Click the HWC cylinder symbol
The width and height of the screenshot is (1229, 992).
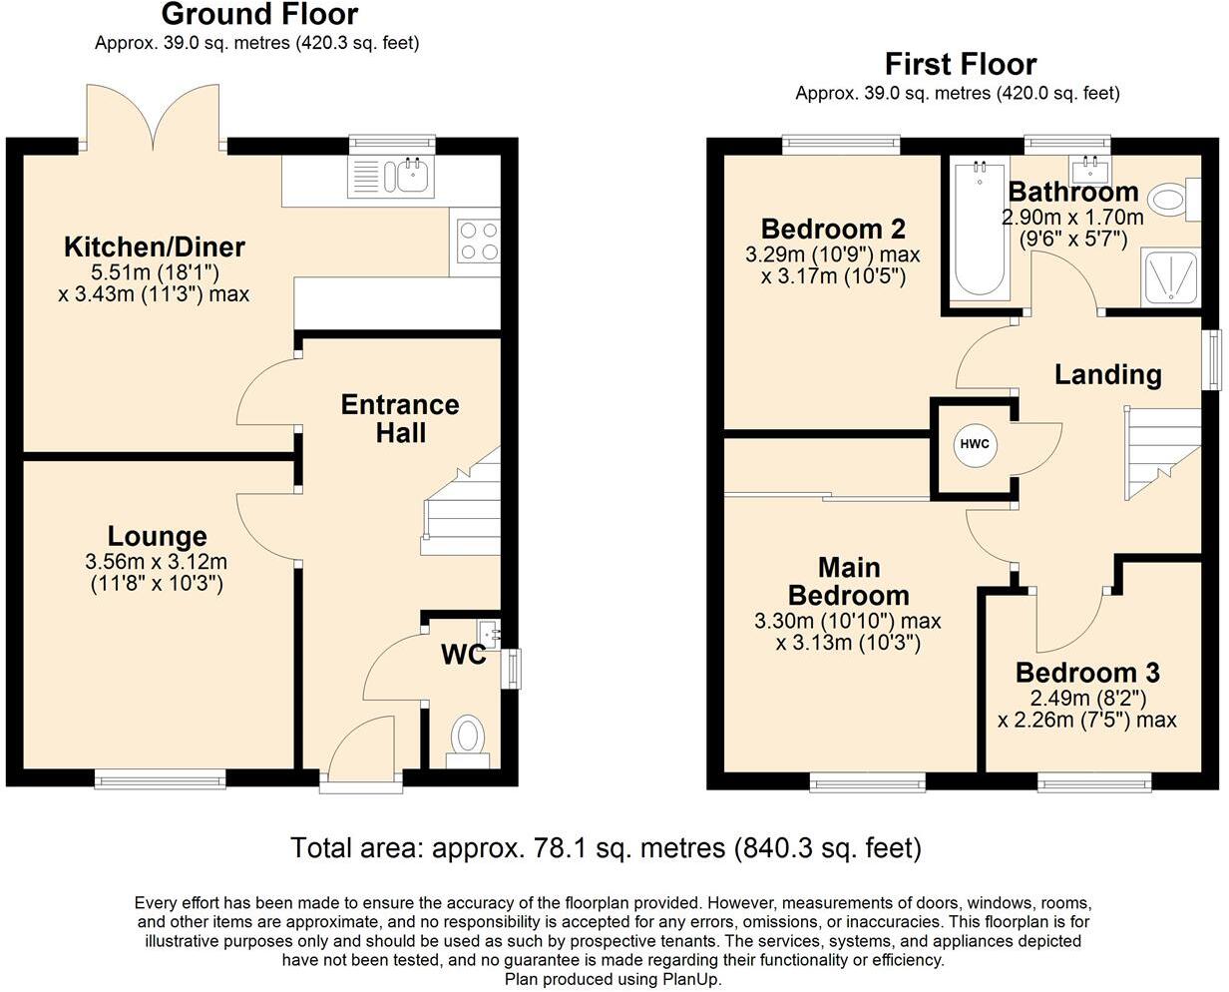[975, 445]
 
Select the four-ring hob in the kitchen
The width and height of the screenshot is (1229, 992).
[479, 242]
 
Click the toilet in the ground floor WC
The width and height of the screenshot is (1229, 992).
[468, 741]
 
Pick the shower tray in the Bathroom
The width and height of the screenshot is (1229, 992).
[1171, 277]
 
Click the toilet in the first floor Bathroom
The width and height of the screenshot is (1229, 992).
[1175, 200]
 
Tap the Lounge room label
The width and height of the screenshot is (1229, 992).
[157, 537]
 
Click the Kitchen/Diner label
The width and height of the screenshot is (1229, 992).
[155, 247]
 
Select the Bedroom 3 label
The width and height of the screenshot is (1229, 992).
[1087, 673]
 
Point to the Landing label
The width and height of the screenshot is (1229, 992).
[1108, 375]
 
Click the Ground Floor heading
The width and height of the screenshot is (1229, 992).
[259, 14]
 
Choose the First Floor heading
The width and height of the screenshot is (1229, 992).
[961, 64]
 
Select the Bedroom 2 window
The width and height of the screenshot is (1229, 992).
[841, 145]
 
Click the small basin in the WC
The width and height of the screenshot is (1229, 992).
[489, 634]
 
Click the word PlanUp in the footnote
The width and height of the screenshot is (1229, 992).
[691, 979]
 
